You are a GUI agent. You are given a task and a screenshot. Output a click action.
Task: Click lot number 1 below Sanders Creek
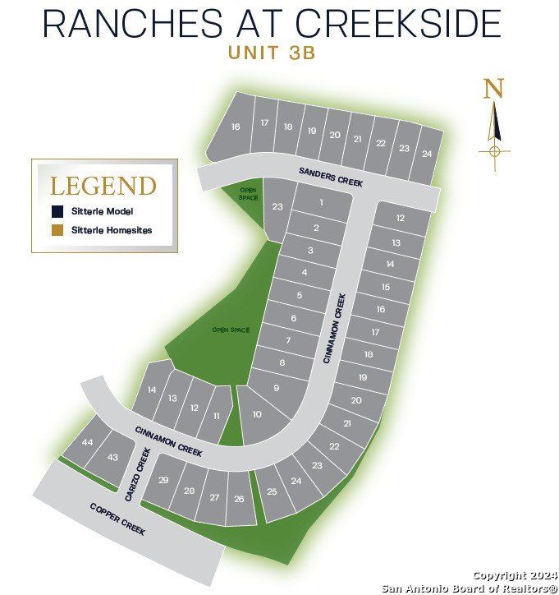tap(322, 202)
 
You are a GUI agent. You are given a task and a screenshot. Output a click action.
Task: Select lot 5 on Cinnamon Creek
tap(300, 295)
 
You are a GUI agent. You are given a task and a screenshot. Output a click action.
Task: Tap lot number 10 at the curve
tap(257, 414)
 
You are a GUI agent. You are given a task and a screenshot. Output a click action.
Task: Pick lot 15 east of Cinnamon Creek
tap(386, 287)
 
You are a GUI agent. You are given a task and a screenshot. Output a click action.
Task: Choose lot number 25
tap(272, 491)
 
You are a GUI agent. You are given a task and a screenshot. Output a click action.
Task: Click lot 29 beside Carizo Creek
tap(163, 480)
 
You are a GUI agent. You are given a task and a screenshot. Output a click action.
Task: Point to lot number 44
tap(88, 442)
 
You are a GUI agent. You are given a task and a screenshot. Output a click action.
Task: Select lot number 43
tap(113, 457)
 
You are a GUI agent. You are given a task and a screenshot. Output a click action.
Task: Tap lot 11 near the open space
tap(217, 417)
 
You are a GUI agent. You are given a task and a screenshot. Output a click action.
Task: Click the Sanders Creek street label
tap(330, 177)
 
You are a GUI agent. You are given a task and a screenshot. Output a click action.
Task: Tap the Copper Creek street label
tap(117, 519)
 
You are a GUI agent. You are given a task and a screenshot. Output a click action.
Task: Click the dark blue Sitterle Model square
tap(56, 210)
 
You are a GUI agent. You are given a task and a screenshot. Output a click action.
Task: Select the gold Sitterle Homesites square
tap(56, 230)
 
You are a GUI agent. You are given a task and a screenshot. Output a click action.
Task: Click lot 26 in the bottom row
tap(239, 499)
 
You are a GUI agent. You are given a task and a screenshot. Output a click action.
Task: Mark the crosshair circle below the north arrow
tap(494, 150)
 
